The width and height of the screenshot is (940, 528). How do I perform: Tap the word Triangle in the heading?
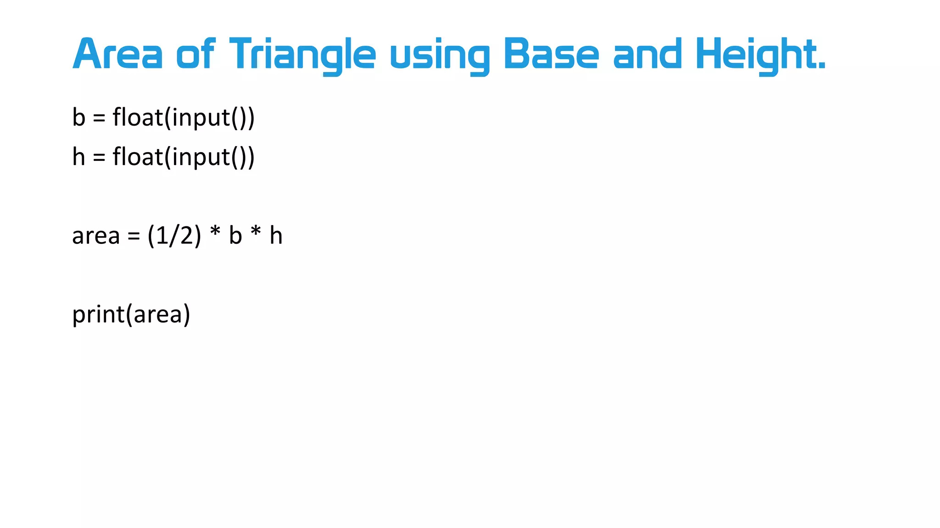(x=302, y=55)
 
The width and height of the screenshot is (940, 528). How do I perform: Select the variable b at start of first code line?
(x=79, y=117)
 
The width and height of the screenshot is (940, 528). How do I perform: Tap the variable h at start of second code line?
(x=79, y=157)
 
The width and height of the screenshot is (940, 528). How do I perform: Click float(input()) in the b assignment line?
(x=184, y=118)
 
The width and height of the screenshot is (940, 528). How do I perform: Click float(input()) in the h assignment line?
(x=184, y=157)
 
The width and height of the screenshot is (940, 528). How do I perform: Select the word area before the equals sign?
(x=95, y=236)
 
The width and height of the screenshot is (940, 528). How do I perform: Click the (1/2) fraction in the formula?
(x=174, y=236)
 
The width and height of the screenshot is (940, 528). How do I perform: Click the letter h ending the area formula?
(x=275, y=236)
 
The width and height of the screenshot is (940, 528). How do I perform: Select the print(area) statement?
(x=131, y=315)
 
